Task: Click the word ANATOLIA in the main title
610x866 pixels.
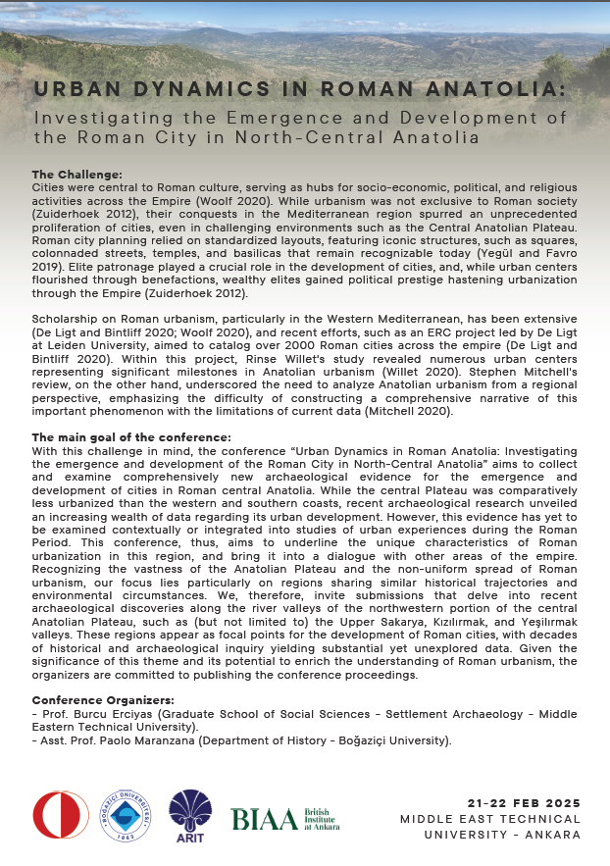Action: coord(496,88)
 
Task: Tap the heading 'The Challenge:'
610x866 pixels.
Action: coord(76,174)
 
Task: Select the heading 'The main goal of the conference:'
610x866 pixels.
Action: coord(131,436)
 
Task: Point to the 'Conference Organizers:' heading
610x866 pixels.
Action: coord(103,699)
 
